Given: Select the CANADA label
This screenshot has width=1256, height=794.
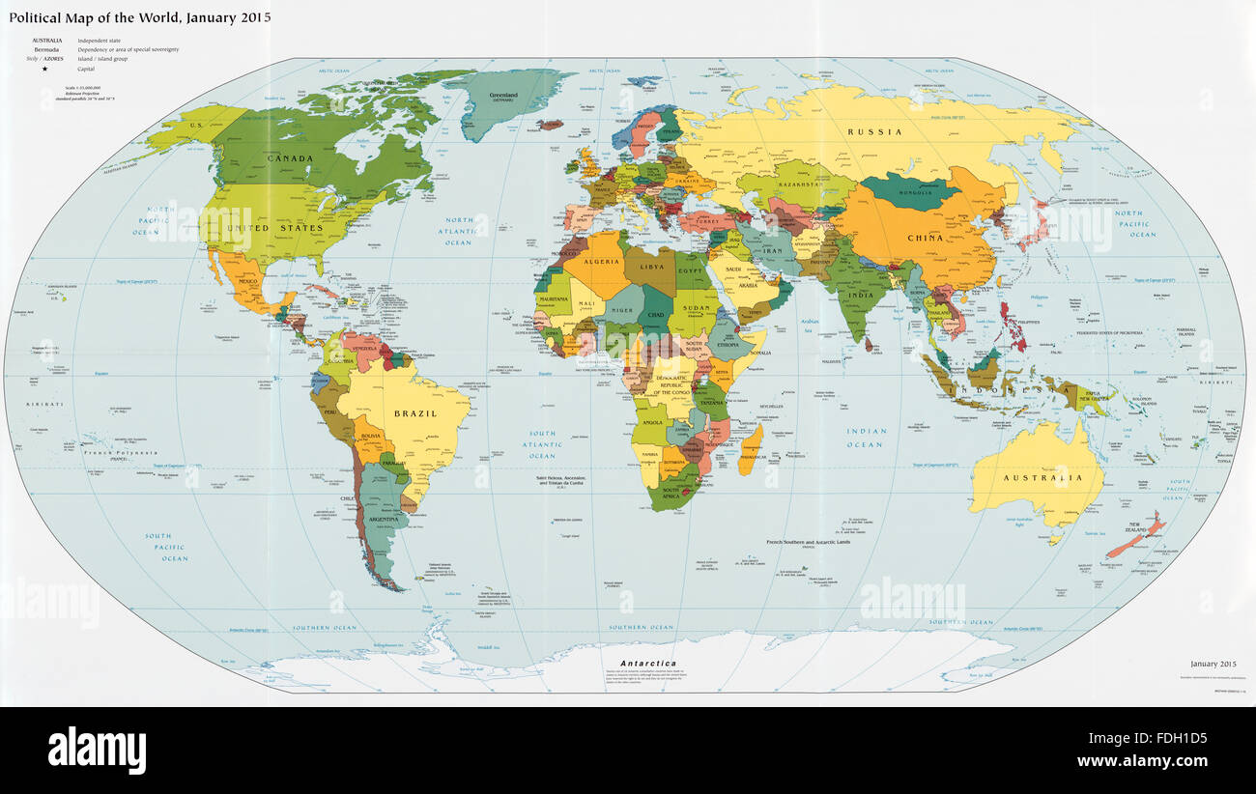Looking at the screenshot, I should tap(290, 158).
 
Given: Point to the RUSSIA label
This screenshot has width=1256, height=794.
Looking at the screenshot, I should tap(874, 131).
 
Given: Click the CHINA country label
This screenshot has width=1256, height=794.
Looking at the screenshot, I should tap(925, 238).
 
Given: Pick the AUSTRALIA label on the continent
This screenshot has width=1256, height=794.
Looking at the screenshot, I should tap(1041, 477).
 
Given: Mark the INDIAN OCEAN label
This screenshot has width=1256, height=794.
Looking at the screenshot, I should tap(865, 438).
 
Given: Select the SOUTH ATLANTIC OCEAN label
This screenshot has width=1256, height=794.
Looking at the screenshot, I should tap(541, 444).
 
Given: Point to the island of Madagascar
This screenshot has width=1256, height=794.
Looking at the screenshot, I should tap(751, 452).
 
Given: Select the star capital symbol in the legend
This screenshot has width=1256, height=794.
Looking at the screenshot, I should tap(44, 70).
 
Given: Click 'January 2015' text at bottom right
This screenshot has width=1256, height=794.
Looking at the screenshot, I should tap(1212, 664).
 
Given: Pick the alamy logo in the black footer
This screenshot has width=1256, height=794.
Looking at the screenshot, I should tap(97, 749).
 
